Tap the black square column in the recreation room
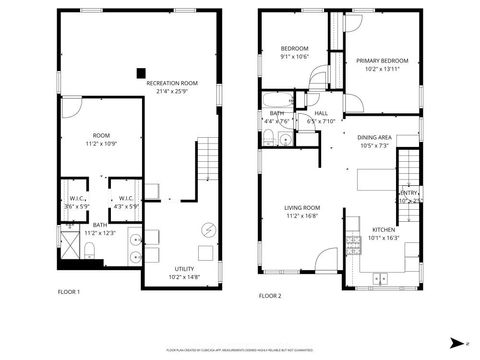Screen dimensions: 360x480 [x=140, y=70]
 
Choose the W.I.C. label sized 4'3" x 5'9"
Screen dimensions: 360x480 [x=126, y=202]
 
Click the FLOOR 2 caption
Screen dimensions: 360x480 [x=270, y=296]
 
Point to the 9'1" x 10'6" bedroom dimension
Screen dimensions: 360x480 [x=293, y=56]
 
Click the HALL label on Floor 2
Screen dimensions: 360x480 [x=321, y=113]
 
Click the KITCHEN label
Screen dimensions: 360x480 [x=384, y=231]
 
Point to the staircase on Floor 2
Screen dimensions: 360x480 [x=410, y=170]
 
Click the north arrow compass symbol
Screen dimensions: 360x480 [x=456, y=340]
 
